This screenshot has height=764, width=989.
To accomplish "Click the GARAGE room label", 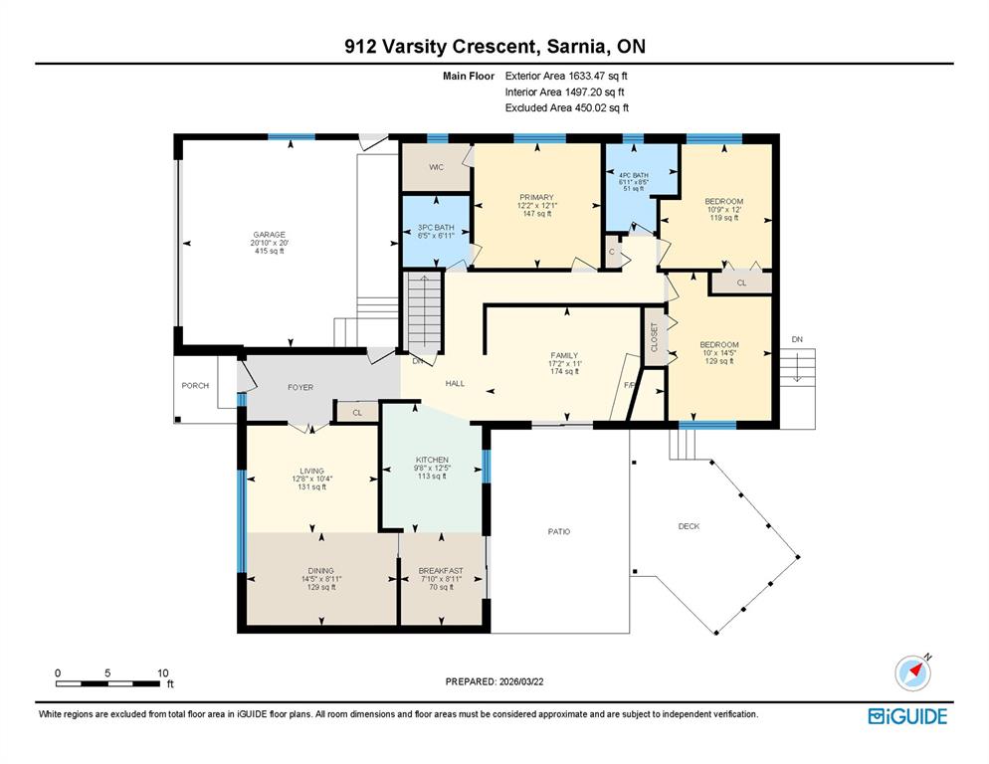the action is point(270,235).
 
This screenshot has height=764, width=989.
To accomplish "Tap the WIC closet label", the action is point(437,167).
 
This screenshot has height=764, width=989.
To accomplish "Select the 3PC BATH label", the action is point(436,227).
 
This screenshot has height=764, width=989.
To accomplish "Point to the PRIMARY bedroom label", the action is point(536,198).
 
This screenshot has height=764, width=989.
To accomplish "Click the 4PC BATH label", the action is point(634,175).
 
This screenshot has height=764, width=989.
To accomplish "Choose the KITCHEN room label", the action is point(432,460).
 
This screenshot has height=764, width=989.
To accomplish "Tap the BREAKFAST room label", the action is point(441,570).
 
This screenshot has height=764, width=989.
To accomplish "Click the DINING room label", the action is point(321,570).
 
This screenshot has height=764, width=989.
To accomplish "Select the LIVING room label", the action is point(311,471).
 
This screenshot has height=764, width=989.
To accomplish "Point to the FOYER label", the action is point(300,387).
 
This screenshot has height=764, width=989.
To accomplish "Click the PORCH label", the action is point(195,385).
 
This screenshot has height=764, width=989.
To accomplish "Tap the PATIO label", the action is point(559,532).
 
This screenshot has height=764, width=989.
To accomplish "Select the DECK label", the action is point(689,526).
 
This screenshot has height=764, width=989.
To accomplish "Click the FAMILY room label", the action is point(564,355).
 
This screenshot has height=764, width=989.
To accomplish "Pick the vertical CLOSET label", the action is point(654,337).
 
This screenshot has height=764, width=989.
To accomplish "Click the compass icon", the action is point(912,672).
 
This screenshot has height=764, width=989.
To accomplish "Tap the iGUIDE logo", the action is point(907,716).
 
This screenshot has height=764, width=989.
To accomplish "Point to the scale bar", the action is point(107,683).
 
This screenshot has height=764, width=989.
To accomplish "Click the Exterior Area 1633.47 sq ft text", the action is point(566,76).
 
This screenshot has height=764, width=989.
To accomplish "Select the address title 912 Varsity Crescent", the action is point(440,46).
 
